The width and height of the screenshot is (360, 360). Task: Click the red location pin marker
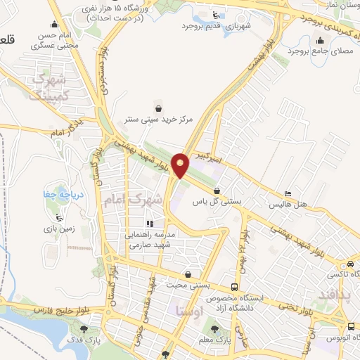click(x=181, y=165)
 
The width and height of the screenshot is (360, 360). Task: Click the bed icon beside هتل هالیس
click(x=287, y=194)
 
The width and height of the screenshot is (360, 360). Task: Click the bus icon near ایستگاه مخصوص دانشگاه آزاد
click(x=234, y=287)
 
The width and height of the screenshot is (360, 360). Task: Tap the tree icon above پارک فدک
click(x=85, y=328)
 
